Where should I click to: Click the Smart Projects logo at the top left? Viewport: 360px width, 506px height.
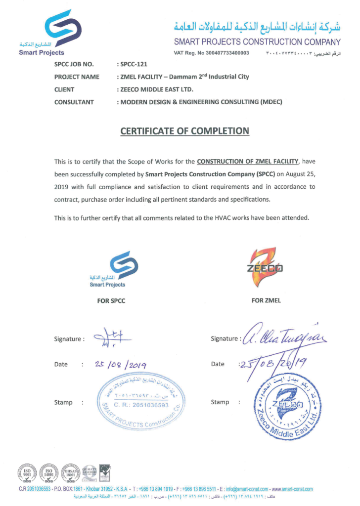click(58, 32)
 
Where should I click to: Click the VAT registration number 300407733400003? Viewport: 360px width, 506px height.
click(227, 53)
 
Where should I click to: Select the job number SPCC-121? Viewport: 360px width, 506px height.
click(133, 64)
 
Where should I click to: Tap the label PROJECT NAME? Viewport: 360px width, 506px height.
click(77, 77)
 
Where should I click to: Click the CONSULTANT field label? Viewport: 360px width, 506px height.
click(74, 102)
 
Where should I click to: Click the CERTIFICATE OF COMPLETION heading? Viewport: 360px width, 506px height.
click(185, 131)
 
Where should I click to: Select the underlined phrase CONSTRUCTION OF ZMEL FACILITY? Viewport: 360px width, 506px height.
click(248, 162)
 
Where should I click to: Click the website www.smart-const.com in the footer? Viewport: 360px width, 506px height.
click(292, 489)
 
